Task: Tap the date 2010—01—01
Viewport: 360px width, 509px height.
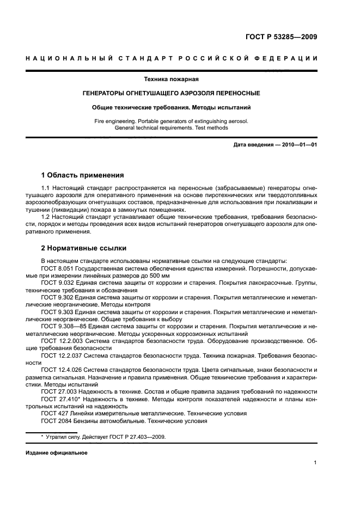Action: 298,145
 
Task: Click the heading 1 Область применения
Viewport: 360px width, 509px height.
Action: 82,175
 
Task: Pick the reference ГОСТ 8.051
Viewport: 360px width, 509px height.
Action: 58,268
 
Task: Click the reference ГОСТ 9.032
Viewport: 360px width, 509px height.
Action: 58,283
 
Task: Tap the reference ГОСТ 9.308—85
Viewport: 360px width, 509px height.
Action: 63,326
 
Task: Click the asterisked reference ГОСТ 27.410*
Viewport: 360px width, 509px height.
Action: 60,398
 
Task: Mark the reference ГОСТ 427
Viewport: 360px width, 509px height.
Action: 54,413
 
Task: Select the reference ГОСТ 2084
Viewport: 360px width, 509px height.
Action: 56,420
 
